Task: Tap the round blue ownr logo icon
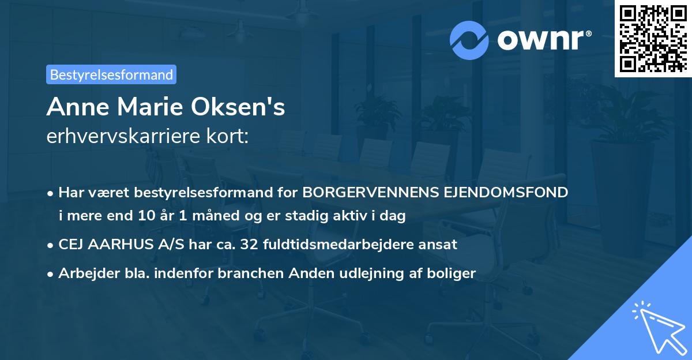pos(469,40)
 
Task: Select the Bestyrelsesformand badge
pos(111,74)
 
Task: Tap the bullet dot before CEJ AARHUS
pos(51,245)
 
